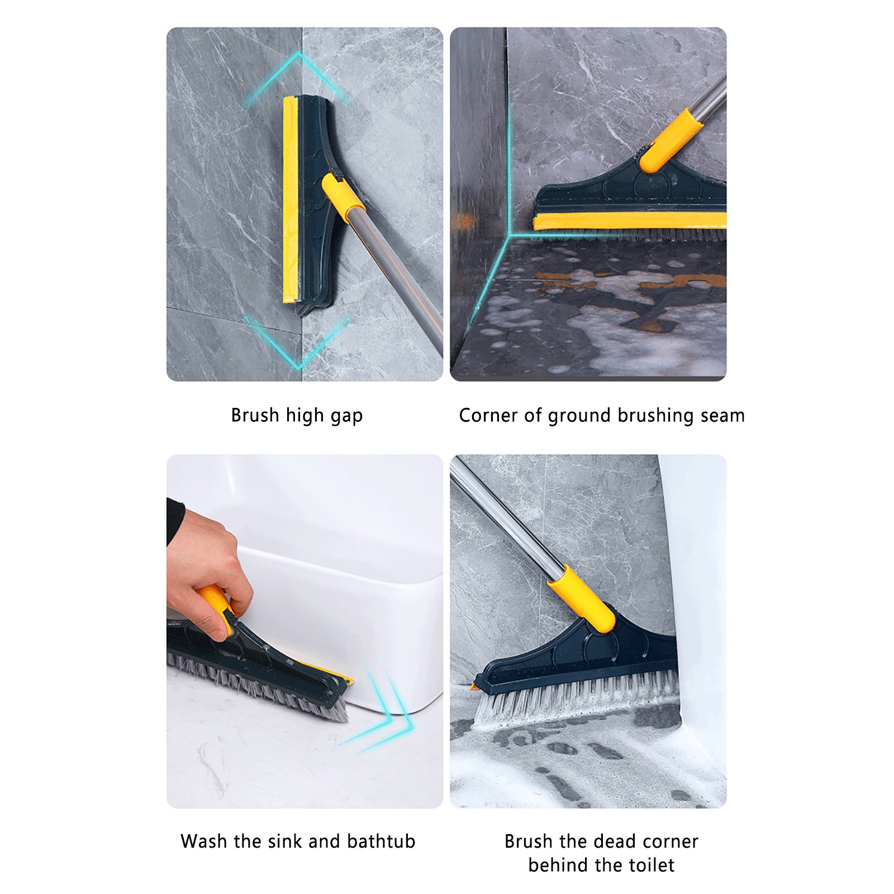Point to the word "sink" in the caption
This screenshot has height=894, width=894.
[285, 841]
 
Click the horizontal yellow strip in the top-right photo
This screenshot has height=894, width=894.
[630, 221]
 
